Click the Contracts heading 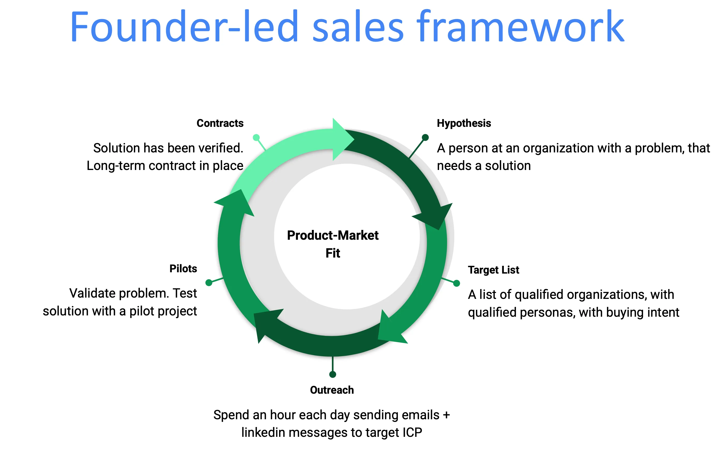click(x=220, y=123)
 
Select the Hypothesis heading click(x=464, y=123)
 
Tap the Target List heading click(x=493, y=270)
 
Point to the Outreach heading click(x=332, y=390)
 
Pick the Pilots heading click(x=183, y=268)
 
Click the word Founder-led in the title click(x=184, y=27)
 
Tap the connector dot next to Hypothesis click(x=425, y=137)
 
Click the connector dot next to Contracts click(x=256, y=137)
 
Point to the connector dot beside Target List click(x=457, y=283)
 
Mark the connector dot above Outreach click(x=333, y=374)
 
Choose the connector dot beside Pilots click(x=209, y=282)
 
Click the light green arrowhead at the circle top click(x=342, y=139)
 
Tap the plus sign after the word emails click(x=446, y=415)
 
